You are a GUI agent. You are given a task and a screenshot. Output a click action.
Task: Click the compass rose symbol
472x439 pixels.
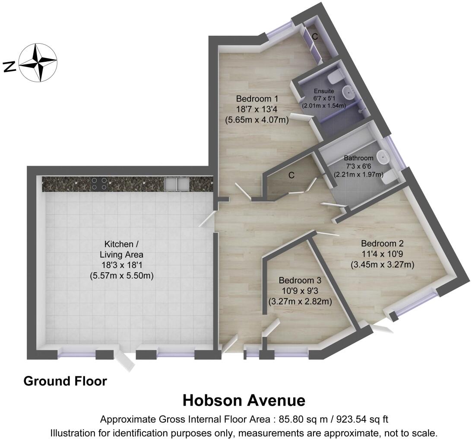38,63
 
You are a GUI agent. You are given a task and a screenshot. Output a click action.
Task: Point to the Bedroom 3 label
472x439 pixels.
300,280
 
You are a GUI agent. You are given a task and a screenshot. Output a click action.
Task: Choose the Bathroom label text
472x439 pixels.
358,158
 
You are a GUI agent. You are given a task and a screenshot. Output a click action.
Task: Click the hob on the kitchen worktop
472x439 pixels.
99,184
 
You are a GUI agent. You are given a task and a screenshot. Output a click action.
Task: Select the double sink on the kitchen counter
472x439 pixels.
177,184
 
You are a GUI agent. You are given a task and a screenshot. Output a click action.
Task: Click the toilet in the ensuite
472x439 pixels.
335,77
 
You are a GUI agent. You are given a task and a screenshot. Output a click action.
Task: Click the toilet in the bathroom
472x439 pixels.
389,176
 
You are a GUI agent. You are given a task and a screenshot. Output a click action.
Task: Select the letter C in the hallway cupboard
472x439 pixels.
291,175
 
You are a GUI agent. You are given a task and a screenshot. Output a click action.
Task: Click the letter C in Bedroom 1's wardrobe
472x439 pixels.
315,37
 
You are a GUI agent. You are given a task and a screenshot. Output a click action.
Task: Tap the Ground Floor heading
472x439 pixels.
65,381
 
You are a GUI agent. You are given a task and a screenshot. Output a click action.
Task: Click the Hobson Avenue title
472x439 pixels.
244,400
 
